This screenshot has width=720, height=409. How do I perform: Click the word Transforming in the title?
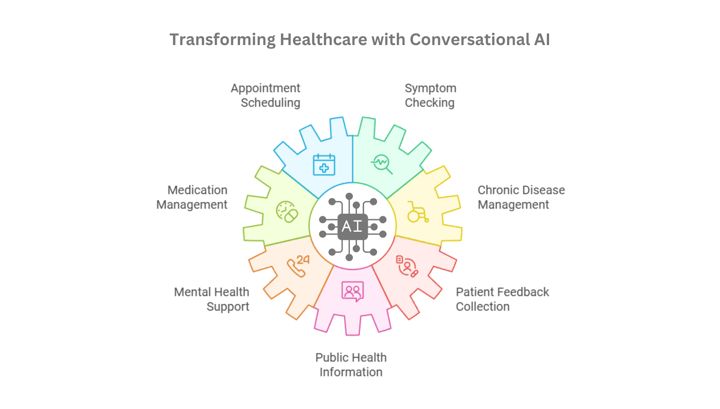click(222, 40)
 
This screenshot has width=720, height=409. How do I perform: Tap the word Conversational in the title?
click(470, 40)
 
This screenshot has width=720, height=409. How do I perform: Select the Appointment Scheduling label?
click(265, 95)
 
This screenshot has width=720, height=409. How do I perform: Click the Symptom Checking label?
click(430, 95)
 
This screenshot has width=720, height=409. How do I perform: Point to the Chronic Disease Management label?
click(521, 197)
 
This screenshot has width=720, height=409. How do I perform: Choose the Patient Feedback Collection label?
click(502, 299)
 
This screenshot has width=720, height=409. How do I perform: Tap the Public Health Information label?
click(351, 364)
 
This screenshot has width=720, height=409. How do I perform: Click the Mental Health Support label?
click(211, 299)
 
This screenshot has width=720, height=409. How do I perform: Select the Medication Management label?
click(192, 197)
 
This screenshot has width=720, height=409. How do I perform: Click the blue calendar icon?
click(324, 165)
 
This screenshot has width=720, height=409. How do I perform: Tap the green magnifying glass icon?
click(382, 164)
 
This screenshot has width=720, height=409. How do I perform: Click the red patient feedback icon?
click(407, 266)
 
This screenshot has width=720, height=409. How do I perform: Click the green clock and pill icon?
click(287, 212)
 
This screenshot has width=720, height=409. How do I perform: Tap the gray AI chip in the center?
click(353, 226)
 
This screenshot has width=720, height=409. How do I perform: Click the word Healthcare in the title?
click(324, 40)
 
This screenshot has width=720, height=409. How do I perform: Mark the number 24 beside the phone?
click(303, 260)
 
